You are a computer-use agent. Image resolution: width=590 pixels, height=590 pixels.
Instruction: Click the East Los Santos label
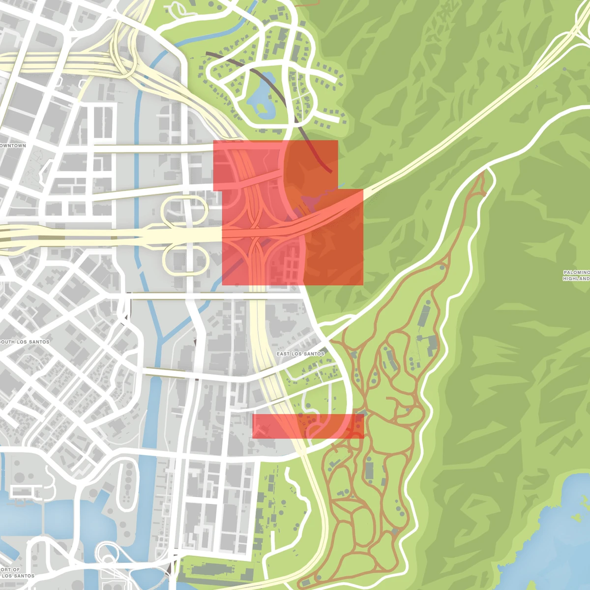(300, 354)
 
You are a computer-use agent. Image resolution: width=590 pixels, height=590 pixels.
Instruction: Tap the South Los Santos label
(25, 342)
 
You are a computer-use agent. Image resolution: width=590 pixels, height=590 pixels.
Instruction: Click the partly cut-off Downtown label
(13, 146)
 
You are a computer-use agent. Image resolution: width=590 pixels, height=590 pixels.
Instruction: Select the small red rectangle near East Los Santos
(308, 426)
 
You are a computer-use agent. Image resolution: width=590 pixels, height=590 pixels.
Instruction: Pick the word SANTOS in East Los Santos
(313, 354)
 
